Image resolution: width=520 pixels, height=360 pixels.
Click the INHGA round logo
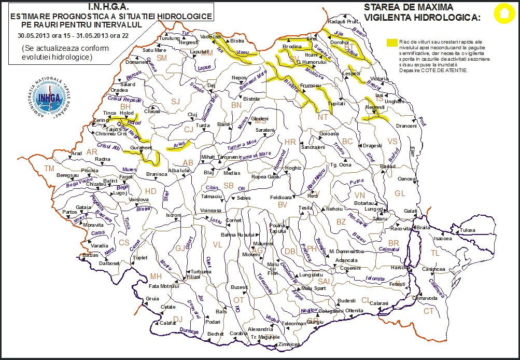click(x=45, y=99)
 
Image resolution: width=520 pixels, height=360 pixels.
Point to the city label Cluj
click(x=192, y=115)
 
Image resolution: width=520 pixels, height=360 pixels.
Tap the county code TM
click(x=49, y=169)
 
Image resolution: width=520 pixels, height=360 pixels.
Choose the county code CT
click(x=428, y=311)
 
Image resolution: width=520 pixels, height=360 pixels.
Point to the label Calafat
click(x=167, y=323)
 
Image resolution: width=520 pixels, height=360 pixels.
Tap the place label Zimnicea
click(x=289, y=344)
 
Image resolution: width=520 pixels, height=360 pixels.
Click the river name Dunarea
click(x=189, y=330)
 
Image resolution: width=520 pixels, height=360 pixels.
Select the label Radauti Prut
click(x=343, y=22)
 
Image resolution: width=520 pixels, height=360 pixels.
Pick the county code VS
click(x=392, y=142)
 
